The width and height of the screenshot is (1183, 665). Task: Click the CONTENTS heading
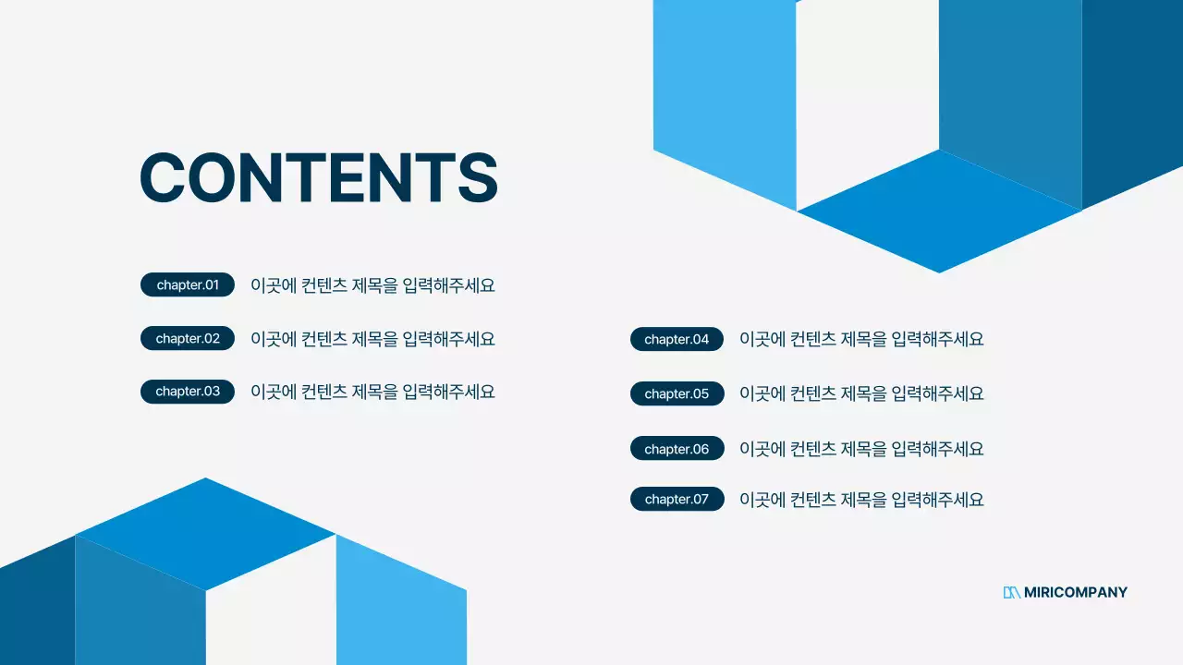pyautogui.click(x=318, y=177)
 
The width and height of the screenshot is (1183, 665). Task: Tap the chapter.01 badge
pyautogui.click(x=188, y=284)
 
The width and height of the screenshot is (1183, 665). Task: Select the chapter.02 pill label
pyautogui.click(x=188, y=338)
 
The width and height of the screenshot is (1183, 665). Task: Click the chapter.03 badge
pyautogui.click(x=188, y=392)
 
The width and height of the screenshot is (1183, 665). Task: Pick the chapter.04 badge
pyautogui.click(x=677, y=339)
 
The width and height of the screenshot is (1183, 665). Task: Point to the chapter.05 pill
pyautogui.click(x=677, y=393)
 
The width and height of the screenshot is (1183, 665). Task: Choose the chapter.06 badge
pyautogui.click(x=677, y=449)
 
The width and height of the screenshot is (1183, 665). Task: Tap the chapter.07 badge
pyautogui.click(x=677, y=500)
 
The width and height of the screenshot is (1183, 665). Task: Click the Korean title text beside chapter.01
pyautogui.click(x=372, y=285)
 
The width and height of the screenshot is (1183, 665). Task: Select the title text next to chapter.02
pyautogui.click(x=372, y=339)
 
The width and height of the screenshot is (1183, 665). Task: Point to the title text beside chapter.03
pyautogui.click(x=372, y=392)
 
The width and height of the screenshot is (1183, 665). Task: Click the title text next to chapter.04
pyautogui.click(x=861, y=339)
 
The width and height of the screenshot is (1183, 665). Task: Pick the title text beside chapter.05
pyautogui.click(x=861, y=393)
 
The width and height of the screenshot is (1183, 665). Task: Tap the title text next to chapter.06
pyautogui.click(x=861, y=449)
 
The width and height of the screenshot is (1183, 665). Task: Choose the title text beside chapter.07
pyautogui.click(x=861, y=500)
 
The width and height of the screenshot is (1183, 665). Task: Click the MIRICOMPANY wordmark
pyautogui.click(x=1076, y=593)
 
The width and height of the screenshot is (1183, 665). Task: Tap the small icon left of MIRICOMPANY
pyautogui.click(x=1011, y=593)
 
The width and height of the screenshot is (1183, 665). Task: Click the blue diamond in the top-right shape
pyautogui.click(x=939, y=211)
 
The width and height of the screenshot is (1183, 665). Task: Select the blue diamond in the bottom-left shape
pyautogui.click(x=205, y=534)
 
